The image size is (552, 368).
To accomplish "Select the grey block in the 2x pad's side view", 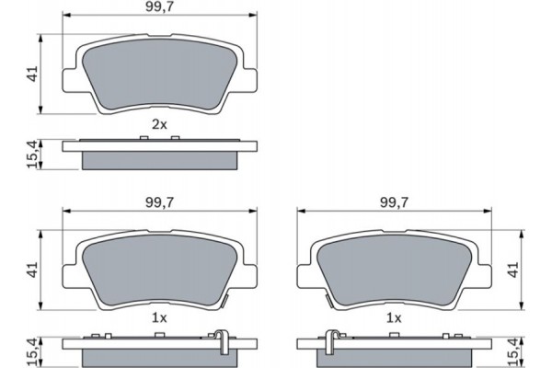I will click(160, 159).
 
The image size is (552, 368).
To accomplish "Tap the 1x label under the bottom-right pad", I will click(395, 317).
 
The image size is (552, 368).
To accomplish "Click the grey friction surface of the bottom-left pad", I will click(156, 271).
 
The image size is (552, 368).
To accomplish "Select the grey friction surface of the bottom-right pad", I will click(395, 271).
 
